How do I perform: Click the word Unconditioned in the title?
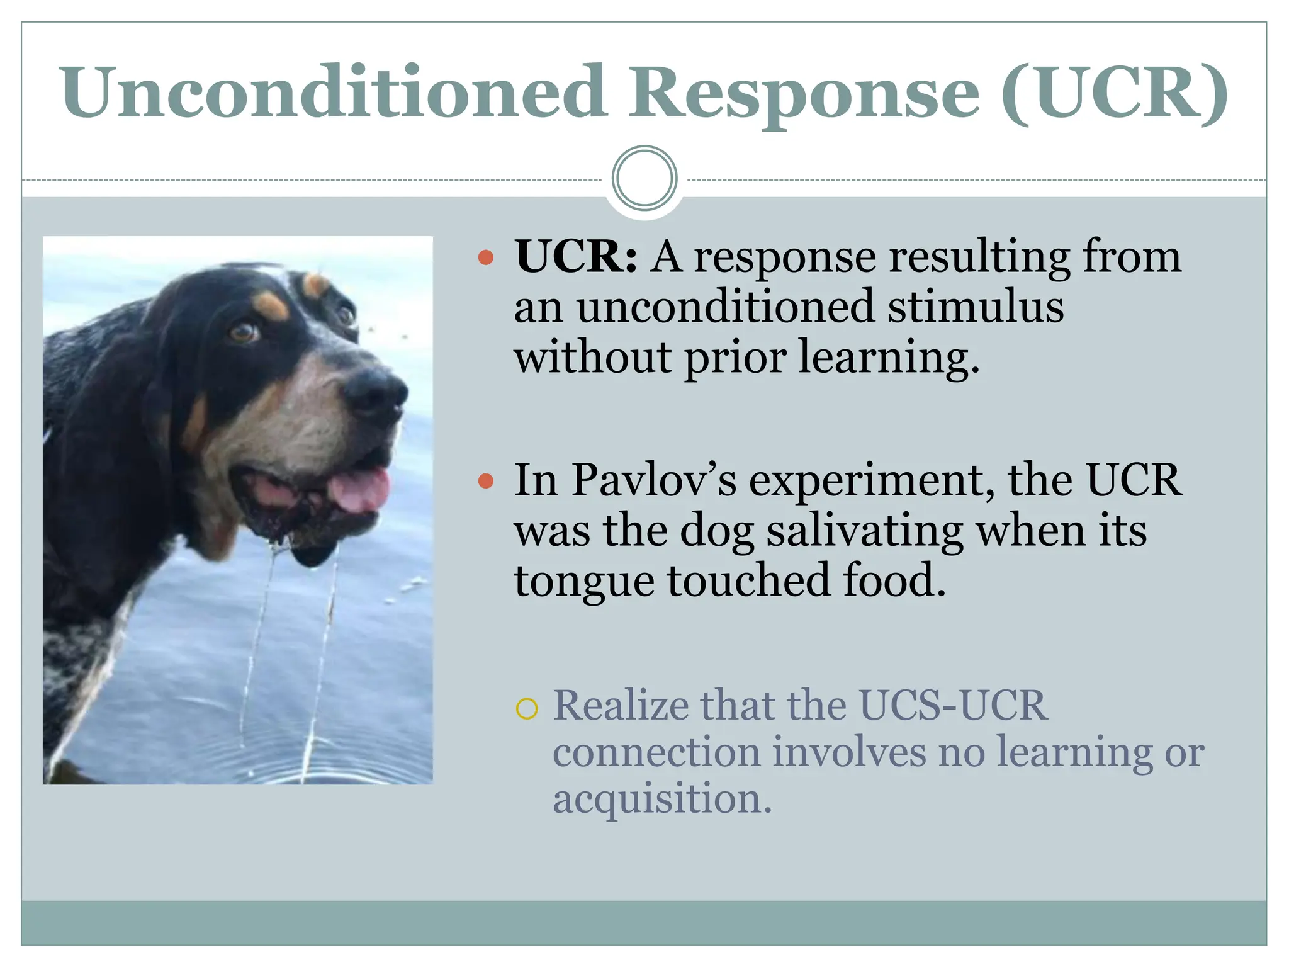(334, 93)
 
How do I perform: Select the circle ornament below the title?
(644, 178)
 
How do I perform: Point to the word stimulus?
(976, 307)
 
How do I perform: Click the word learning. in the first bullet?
(889, 358)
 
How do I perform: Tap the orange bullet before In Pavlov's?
(485, 482)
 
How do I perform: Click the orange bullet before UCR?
(485, 257)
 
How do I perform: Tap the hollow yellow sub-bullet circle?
(526, 709)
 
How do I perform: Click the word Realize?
(621, 706)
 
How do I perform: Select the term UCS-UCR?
(953, 706)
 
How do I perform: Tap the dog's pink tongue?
(361, 488)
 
